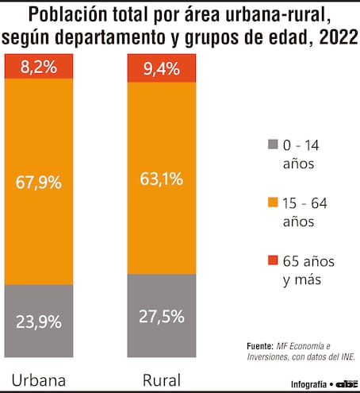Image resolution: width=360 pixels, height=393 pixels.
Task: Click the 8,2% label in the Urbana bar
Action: [39, 68]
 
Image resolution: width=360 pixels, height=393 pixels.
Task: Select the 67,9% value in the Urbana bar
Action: [39, 183]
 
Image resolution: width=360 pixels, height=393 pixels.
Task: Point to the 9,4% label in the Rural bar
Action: [161, 71]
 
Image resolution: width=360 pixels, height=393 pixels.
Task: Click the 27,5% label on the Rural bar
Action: [161, 315]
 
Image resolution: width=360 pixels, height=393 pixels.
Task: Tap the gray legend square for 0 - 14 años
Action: [273, 144]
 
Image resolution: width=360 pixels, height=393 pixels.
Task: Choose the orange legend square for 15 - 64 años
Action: [273, 203]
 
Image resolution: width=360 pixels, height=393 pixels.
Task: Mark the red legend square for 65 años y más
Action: [273, 260]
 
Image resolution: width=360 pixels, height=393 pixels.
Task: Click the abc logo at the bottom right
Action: [346, 383]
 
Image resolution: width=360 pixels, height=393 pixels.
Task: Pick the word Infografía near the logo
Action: [308, 383]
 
